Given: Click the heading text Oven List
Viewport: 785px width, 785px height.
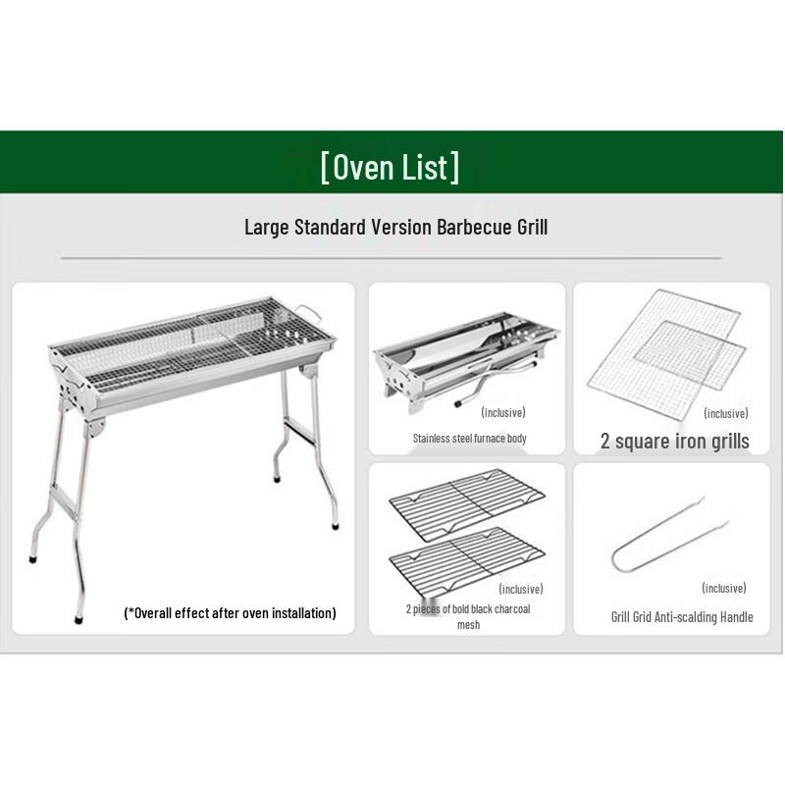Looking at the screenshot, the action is click(390, 167).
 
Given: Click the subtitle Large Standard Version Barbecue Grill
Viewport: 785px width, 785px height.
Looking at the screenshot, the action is click(396, 227).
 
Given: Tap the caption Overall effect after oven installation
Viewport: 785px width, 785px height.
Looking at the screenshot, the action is click(230, 613).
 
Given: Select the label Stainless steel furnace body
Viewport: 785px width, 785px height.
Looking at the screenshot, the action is click(470, 439).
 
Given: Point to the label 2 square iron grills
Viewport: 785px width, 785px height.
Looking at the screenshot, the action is click(675, 441).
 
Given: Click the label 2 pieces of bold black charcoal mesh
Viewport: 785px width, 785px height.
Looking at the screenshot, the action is click(468, 617).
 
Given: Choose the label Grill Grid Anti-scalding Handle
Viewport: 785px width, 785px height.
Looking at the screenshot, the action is click(682, 617).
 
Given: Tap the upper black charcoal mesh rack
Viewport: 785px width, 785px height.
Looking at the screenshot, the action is click(467, 504).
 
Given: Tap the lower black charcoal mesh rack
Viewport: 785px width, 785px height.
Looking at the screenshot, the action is click(467, 562).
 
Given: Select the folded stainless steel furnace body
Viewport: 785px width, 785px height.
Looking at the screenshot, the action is click(466, 362).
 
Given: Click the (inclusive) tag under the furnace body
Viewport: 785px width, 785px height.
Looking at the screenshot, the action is click(503, 412).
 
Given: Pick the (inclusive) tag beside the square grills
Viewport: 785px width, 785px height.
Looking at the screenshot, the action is click(726, 413).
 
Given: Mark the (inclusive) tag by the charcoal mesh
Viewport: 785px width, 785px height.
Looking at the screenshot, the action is click(521, 589).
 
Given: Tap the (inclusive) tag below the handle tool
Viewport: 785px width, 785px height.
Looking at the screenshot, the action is click(724, 588).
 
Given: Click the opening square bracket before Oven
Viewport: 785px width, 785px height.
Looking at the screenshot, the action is click(325, 167).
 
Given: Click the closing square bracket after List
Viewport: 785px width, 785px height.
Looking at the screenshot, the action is click(454, 167).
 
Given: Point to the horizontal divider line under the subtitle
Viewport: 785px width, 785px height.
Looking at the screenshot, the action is click(391, 258).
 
